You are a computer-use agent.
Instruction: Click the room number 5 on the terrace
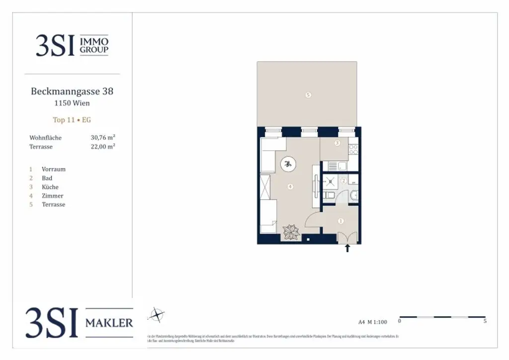[308, 94]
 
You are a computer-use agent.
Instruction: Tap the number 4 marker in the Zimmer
[290, 187]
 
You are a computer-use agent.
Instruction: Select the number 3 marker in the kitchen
[337, 143]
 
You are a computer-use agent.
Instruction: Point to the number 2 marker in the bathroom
[343, 181]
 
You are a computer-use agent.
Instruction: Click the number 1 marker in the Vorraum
[340, 221]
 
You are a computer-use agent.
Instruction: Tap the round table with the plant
[288, 164]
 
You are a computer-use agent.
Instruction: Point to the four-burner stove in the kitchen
[353, 148]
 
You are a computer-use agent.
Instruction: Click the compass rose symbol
[157, 314]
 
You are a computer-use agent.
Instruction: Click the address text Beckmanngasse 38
[72, 91]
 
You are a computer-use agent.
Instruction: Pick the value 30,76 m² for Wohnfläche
[103, 137]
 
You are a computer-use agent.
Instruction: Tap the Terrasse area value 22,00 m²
[103, 147]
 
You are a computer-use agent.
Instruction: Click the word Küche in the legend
[50, 187]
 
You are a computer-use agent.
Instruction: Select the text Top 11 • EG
[72, 120]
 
